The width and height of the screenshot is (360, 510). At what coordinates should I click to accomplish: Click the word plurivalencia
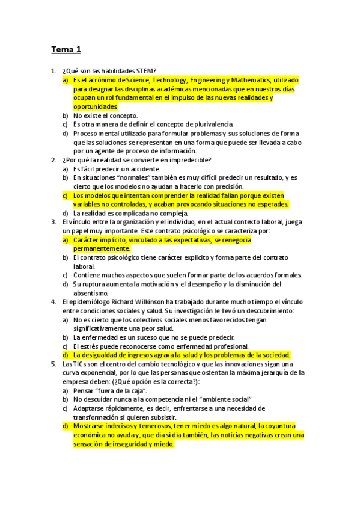(x=206, y=124)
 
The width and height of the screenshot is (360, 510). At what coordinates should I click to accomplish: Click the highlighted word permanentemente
(x=102, y=248)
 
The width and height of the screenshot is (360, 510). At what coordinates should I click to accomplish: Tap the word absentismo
(x=91, y=293)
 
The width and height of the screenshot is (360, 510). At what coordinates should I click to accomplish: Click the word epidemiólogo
(x=90, y=302)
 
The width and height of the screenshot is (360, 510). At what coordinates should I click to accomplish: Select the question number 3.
(x=53, y=222)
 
